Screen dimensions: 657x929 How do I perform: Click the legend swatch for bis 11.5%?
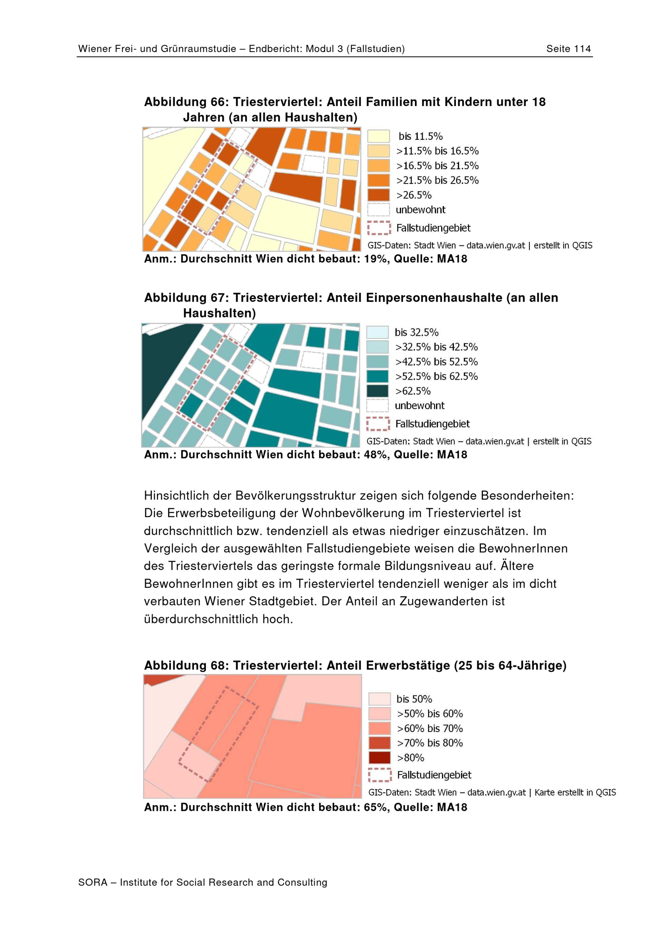pos(378,136)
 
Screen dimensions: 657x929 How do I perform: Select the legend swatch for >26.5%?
pos(378,195)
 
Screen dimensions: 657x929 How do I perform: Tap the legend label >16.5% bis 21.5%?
pos(437,165)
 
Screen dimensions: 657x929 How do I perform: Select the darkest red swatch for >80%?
pos(380,757)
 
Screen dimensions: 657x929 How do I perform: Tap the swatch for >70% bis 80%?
pos(380,743)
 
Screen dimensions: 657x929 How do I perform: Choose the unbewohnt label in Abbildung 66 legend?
pos(420,209)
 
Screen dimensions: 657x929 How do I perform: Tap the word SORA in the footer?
pos(93,882)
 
